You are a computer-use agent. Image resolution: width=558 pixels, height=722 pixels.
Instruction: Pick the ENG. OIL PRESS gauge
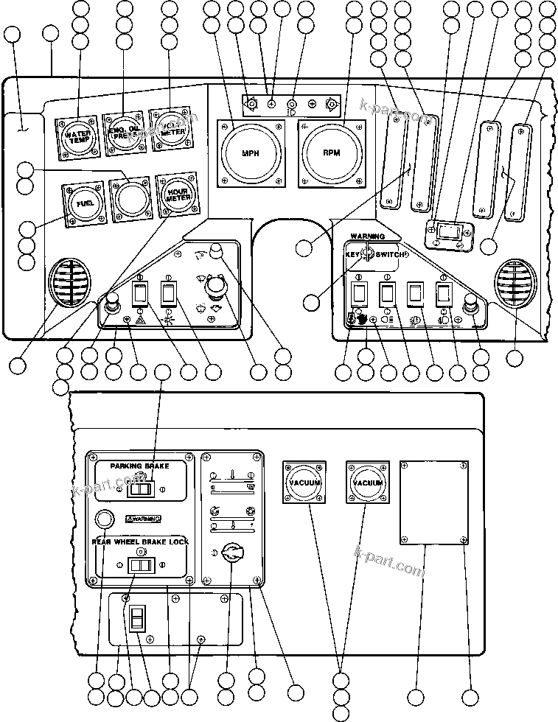[124, 133]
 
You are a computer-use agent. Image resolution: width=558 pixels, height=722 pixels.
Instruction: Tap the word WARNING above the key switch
[367, 236]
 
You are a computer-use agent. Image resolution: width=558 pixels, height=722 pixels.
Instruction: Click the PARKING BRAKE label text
[139, 466]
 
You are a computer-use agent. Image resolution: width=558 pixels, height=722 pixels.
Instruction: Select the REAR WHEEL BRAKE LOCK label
[140, 541]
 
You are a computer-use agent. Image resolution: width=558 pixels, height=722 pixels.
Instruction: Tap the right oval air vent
[517, 284]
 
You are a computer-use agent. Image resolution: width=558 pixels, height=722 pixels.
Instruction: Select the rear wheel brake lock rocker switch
[140, 565]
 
